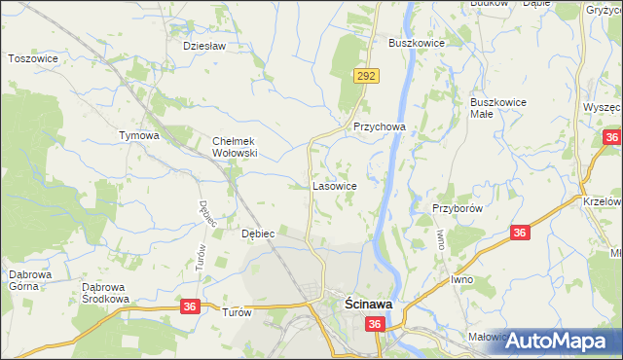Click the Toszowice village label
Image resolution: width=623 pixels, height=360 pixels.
34,58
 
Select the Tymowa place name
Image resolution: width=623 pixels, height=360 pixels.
138,135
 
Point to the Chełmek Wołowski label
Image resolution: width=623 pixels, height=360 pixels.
234,147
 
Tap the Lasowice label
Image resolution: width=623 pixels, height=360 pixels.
334,185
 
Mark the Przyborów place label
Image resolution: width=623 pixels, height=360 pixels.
458,207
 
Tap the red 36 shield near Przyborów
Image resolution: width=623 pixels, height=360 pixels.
520,233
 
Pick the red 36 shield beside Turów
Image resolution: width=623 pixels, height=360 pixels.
191,306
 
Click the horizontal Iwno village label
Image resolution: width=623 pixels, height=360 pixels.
462,279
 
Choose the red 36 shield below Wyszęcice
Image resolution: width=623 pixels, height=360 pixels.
611,137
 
